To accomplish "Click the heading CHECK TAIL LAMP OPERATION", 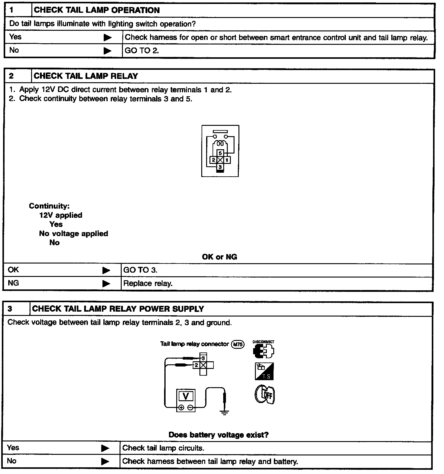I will (x=97, y=10).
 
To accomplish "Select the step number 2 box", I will (x=17, y=76).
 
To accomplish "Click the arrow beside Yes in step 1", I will (x=107, y=37).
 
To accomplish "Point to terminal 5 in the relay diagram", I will (x=220, y=153).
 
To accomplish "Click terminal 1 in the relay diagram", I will (x=227, y=160).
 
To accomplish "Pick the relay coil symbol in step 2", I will (x=220, y=143).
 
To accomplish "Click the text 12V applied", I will (x=61, y=215).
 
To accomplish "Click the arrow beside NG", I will (x=106, y=283).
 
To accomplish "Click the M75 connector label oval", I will (x=238, y=345).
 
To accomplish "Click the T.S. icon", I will (x=264, y=371).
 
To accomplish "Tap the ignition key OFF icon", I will (x=264, y=395).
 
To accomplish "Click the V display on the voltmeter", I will (x=186, y=396).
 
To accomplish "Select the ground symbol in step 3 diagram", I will (x=224, y=413).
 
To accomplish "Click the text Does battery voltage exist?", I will (x=218, y=435).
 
